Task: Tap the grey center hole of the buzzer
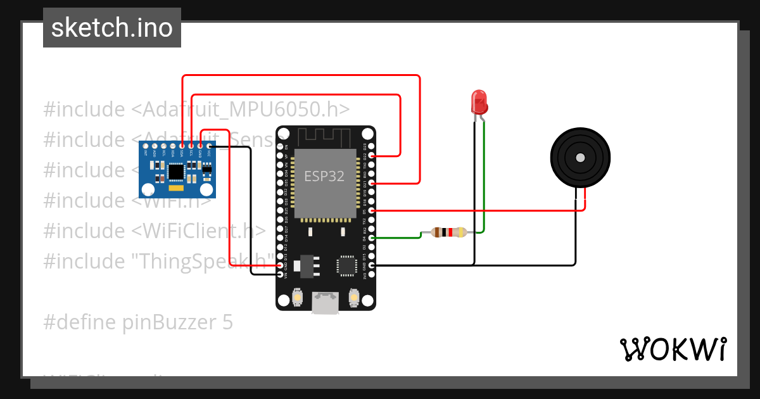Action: click(579, 158)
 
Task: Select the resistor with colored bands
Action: click(448, 232)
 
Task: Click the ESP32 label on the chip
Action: click(324, 176)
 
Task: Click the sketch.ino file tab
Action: click(112, 28)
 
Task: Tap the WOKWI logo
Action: click(673, 349)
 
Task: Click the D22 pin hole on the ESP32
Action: click(372, 155)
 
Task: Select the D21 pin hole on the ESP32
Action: click(372, 182)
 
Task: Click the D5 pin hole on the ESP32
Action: click(372, 210)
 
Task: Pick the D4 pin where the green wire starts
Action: click(372, 238)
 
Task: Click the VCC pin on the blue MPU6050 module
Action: click(209, 146)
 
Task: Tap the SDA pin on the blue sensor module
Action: click(182, 146)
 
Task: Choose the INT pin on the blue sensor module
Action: click(146, 146)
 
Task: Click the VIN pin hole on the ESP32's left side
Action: click(281, 275)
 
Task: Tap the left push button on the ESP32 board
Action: click(298, 297)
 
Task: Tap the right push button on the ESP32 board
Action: click(355, 297)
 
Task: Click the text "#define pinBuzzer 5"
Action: click(138, 322)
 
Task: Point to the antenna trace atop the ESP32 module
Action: click(324, 136)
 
